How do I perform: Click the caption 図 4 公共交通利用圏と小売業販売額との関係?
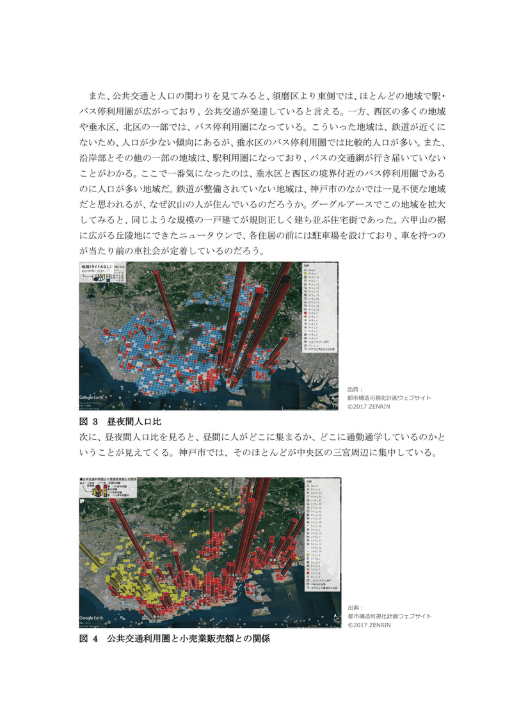pos(170,639)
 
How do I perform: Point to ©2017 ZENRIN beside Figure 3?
pos(369,406)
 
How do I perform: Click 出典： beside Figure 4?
pos(355,607)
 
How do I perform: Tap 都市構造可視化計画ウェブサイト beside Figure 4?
pos(390,616)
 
